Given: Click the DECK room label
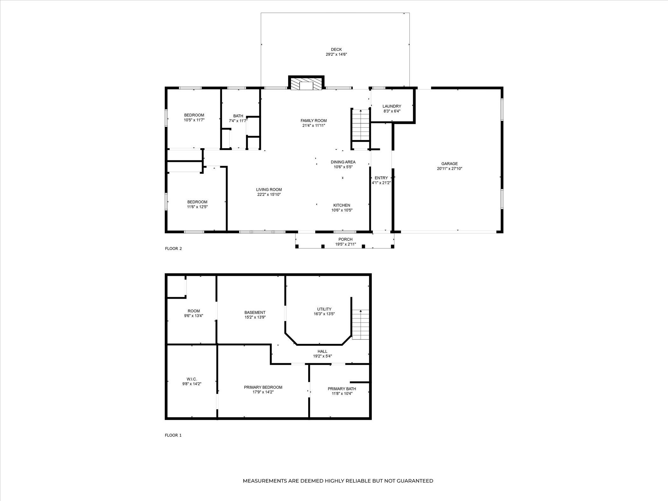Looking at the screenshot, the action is pos(336,49).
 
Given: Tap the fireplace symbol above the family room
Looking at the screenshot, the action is pos(306,83).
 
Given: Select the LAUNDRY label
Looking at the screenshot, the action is pos(392,106).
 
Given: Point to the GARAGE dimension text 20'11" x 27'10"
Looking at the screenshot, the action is pos(449,169).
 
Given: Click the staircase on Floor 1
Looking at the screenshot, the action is pos(361,324).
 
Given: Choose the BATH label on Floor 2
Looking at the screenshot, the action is pos(238,116).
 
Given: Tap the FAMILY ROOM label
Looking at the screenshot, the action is pos(314,121).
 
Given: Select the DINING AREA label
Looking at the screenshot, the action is pos(343,162).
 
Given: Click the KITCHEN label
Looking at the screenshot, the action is pos(342,205).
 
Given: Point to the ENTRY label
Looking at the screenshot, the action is pos(381,178).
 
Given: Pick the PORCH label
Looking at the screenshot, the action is pos(345,240).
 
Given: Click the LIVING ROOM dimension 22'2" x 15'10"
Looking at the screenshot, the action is pos(269,194).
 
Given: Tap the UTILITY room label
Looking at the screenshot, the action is pos(324,309).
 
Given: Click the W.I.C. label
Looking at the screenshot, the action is pos(192,379).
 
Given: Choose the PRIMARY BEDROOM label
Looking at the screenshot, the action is pos(263,387).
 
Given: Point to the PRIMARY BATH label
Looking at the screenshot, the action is pos(342,389).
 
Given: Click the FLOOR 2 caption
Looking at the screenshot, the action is pos(173,248).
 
